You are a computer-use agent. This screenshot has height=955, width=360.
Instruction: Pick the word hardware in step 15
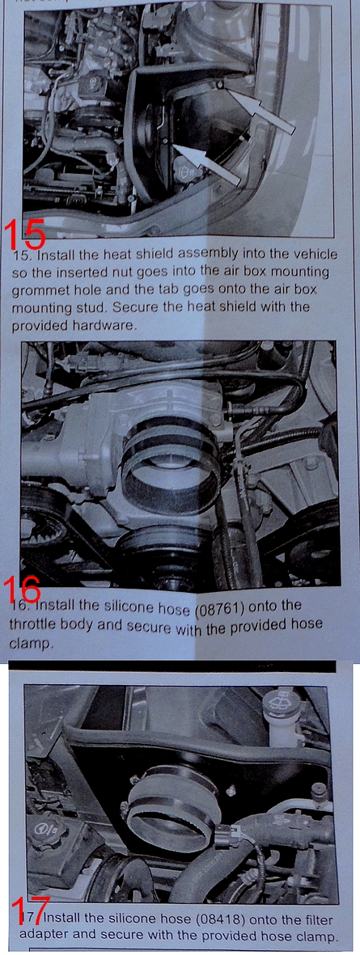111,325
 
